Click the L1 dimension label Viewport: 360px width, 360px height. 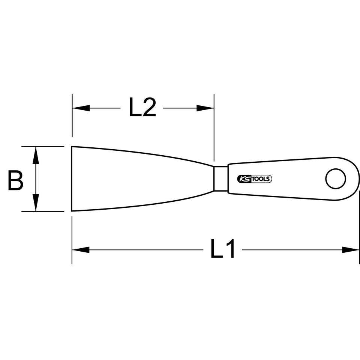pos(222,249)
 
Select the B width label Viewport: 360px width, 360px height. pos(16,181)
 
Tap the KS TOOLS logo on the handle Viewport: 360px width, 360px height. pos(255,179)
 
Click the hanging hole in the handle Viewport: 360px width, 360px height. pos(335,178)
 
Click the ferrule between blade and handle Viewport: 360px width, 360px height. pos(220,179)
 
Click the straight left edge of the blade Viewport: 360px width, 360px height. pos(72,178)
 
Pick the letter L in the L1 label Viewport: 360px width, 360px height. pos(216,249)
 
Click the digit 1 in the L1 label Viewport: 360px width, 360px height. pos(230,249)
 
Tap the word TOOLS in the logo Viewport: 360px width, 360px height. pos(261,179)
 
